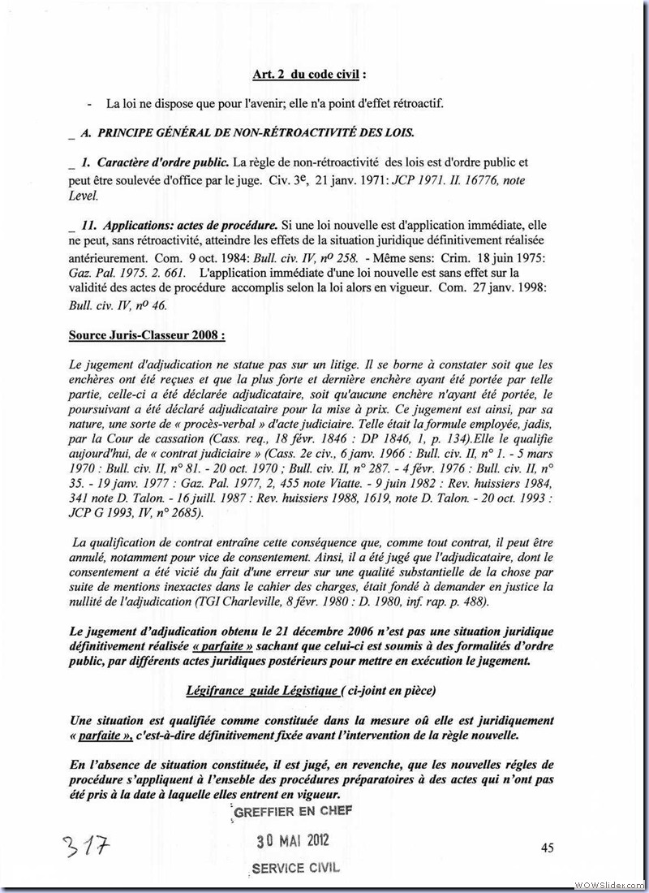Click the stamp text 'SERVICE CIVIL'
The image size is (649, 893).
point(295,867)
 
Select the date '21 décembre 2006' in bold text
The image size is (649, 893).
point(309,631)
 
